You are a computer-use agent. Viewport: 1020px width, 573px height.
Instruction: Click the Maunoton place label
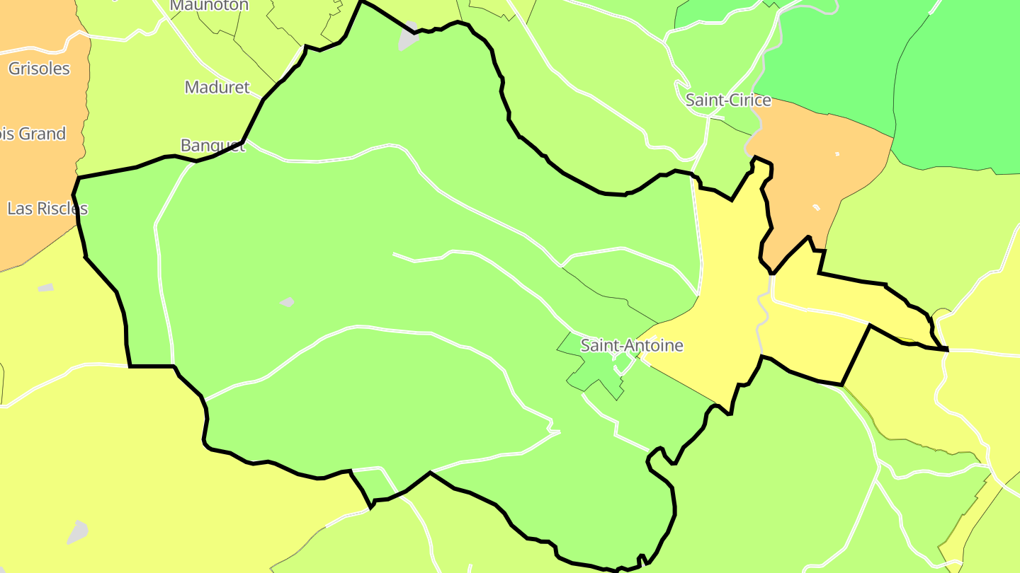[210, 6]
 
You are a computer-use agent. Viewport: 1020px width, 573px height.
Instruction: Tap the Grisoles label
[39, 69]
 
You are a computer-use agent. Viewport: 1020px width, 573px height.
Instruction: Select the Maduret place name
[217, 87]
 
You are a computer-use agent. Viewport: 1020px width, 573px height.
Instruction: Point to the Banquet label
[212, 145]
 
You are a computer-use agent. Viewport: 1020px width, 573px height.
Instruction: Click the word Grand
[42, 134]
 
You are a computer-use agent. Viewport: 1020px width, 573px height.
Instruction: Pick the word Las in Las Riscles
[18, 209]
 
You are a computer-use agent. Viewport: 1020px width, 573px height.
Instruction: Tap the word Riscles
[61, 209]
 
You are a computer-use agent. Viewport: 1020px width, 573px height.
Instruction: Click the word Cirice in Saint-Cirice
[749, 100]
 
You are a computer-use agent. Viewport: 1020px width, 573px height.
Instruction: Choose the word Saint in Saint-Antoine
[599, 345]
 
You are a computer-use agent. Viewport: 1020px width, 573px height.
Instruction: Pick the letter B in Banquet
[186, 145]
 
